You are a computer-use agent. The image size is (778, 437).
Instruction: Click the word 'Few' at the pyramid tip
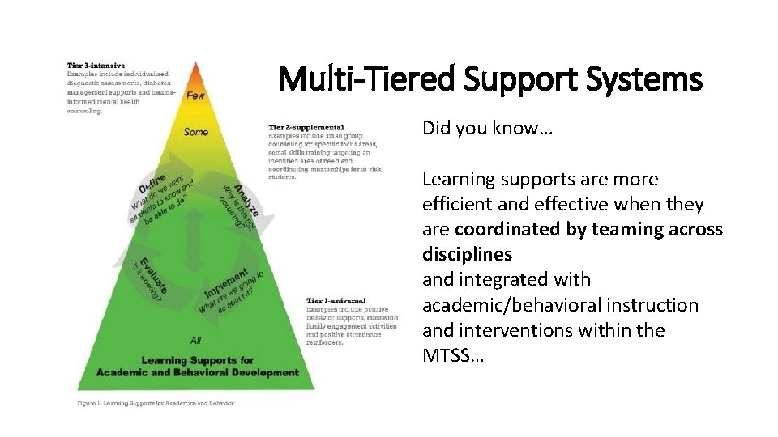(196, 95)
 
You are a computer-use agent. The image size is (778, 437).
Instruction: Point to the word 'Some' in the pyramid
(196, 132)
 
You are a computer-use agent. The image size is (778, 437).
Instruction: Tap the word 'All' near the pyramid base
(195, 340)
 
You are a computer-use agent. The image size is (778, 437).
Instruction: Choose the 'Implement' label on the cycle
(229, 280)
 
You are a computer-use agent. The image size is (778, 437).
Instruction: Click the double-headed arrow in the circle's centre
(194, 235)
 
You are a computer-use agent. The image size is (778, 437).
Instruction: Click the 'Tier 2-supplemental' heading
(306, 127)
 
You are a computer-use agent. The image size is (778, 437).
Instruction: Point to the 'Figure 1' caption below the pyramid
(155, 402)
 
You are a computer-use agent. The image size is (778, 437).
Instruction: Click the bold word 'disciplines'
(467, 254)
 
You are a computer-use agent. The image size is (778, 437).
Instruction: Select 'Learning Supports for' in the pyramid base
(198, 360)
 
